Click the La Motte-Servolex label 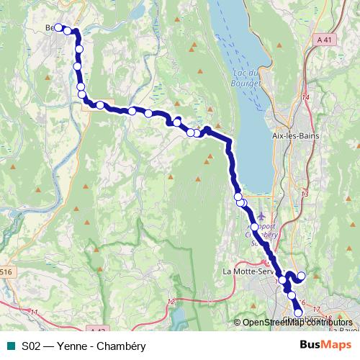click(x=248, y=271)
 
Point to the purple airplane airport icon click(x=261, y=215)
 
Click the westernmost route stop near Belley click(x=60, y=28)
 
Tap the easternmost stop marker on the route click(x=302, y=276)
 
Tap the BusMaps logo click(x=320, y=345)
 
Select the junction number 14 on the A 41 click(x=305, y=97)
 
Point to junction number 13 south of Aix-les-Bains click(x=305, y=194)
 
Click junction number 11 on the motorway click(x=34, y=311)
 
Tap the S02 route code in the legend click(x=30, y=346)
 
